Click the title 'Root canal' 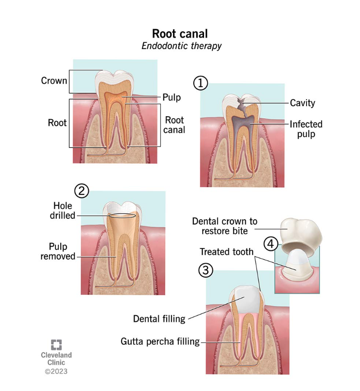point(180,34)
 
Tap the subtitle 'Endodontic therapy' point(181,46)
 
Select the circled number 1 point(200,84)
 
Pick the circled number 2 point(81,191)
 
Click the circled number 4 point(271,242)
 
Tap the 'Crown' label point(54,81)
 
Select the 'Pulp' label point(172,97)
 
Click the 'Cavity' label point(302,103)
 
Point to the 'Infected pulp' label point(306,129)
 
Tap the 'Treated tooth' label point(227,251)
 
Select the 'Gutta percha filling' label point(160,341)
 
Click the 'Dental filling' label point(159,319)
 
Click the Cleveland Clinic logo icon point(56,345)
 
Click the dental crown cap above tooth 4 point(298,231)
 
